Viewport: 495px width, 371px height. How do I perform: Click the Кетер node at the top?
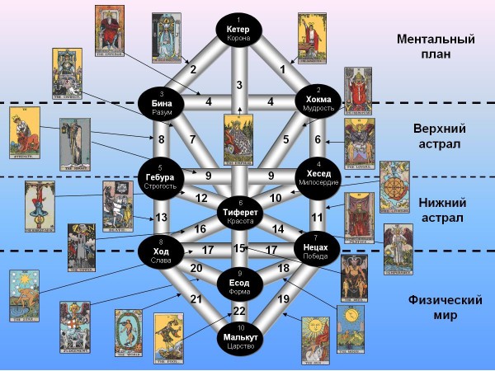tap(239, 29)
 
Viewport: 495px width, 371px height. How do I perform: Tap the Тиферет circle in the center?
tap(239, 213)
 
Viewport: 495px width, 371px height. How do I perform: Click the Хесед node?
tap(318, 174)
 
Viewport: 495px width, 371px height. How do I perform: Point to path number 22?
tap(239, 310)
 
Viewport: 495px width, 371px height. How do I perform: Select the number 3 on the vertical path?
tap(239, 85)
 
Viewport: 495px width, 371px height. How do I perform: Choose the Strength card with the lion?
tap(25, 131)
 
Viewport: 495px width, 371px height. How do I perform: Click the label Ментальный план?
tap(435, 47)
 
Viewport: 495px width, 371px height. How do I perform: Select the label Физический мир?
tap(435, 308)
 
